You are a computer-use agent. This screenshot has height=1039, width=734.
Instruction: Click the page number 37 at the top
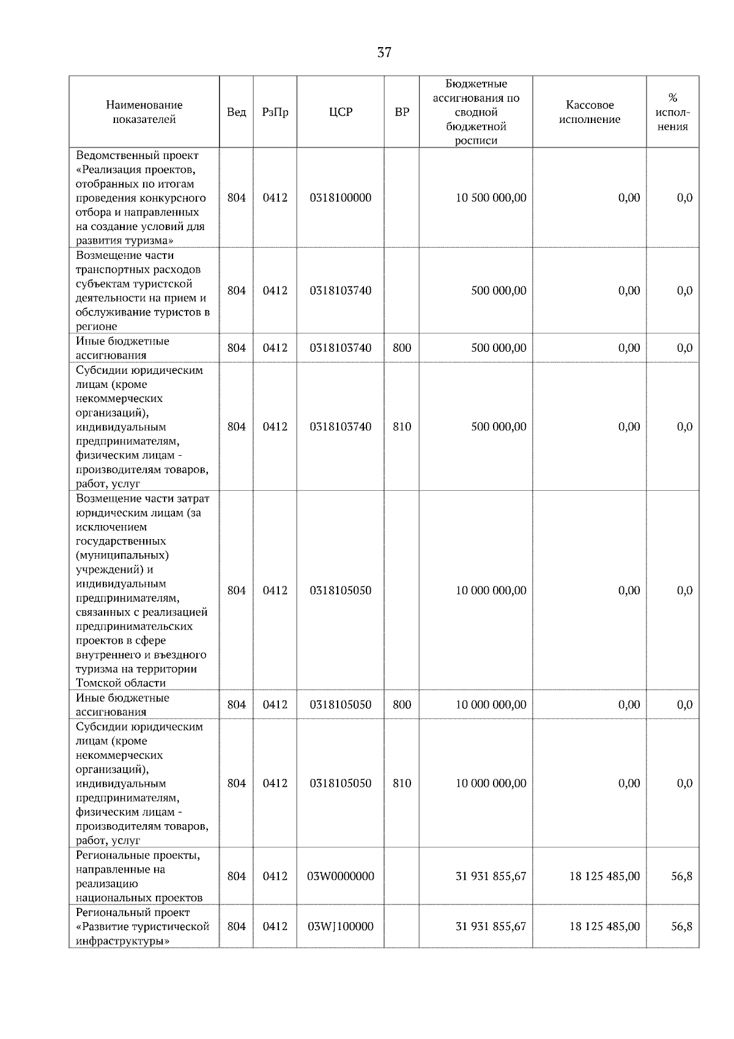point(384,53)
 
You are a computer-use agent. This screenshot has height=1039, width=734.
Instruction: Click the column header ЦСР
point(340,112)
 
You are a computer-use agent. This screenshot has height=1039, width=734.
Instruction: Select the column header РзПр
point(275,112)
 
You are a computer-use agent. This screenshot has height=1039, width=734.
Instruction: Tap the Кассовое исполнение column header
point(589,112)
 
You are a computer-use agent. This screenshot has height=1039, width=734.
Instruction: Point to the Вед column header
point(236,112)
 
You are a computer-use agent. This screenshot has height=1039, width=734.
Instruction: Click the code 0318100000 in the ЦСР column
point(340,198)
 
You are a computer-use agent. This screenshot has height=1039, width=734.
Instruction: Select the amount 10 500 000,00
point(491,198)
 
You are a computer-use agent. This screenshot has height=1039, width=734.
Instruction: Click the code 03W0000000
point(340,876)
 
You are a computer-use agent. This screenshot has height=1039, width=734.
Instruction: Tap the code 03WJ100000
point(340,926)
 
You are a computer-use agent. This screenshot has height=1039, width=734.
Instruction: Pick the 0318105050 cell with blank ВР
point(340,590)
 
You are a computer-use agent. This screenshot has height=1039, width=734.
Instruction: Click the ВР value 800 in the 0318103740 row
point(402,348)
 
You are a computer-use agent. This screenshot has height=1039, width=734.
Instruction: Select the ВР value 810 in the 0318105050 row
point(402,783)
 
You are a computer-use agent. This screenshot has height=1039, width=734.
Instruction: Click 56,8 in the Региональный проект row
point(681,926)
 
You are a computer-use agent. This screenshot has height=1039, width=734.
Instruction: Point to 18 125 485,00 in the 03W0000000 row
point(604,876)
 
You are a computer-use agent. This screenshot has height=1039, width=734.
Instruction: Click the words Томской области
point(120,683)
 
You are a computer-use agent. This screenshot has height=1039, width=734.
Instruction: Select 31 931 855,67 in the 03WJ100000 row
point(491,926)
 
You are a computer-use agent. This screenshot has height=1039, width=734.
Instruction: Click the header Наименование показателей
point(144,112)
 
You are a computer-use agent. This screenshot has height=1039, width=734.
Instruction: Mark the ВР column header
point(402,112)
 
